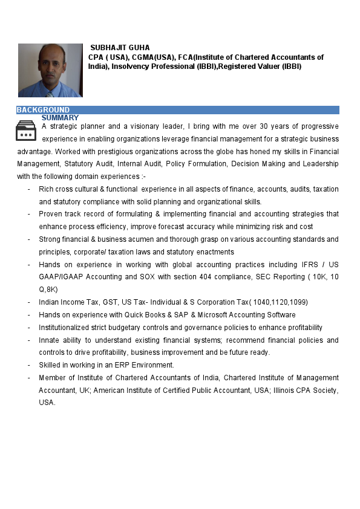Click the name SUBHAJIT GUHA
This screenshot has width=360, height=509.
(120, 47)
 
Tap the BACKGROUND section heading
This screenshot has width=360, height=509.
(43, 109)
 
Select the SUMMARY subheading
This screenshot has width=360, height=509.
(60, 117)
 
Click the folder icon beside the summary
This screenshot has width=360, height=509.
(26, 131)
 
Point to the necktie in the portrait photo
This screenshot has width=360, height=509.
(50, 94)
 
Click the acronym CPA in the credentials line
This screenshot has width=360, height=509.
(96, 57)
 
